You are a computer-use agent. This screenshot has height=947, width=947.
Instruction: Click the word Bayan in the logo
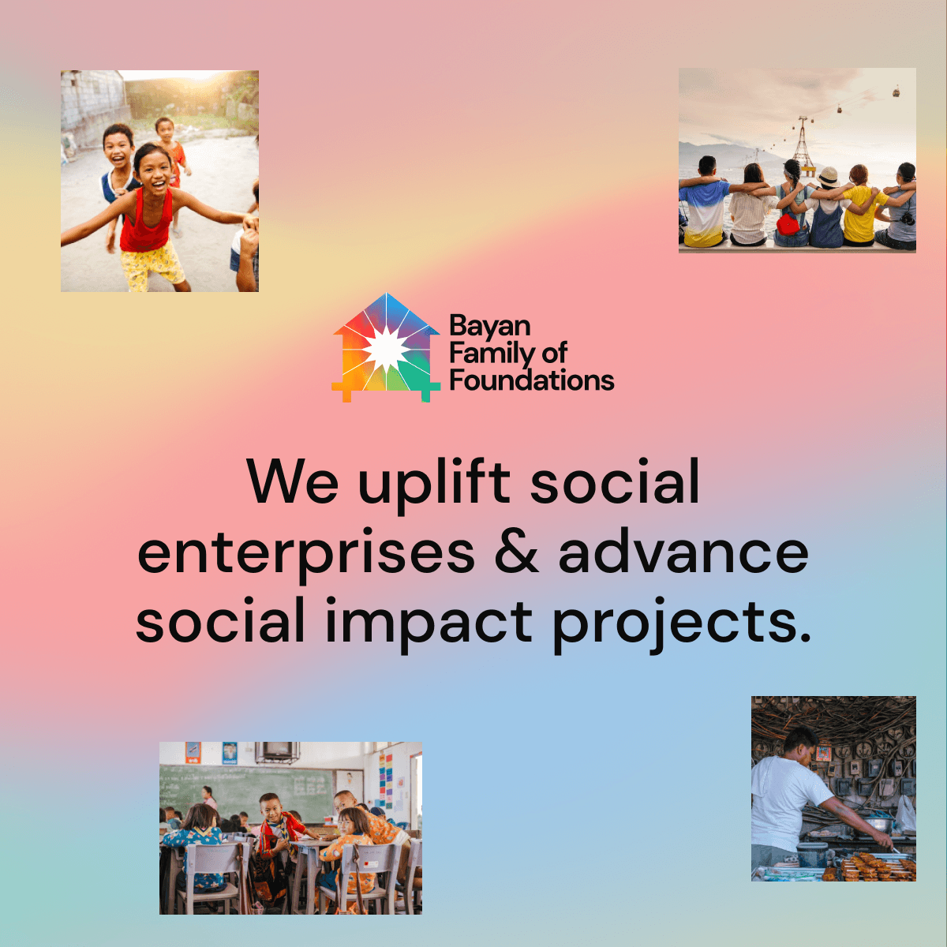point(489,327)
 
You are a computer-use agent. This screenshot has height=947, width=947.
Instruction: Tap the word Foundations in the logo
point(531,380)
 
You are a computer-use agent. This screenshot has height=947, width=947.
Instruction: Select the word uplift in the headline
point(433,483)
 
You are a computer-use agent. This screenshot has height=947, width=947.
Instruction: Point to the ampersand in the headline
point(516,552)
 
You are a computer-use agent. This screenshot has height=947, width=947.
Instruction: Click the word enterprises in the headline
point(306,554)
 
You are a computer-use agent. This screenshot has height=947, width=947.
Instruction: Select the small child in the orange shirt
point(169,146)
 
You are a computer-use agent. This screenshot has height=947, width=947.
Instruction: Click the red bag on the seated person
point(788,224)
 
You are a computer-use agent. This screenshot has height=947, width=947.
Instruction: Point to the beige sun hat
point(828,175)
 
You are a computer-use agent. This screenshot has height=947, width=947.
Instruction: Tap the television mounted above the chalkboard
point(277,750)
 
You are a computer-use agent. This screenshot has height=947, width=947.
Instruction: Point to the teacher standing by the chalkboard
point(209,796)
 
